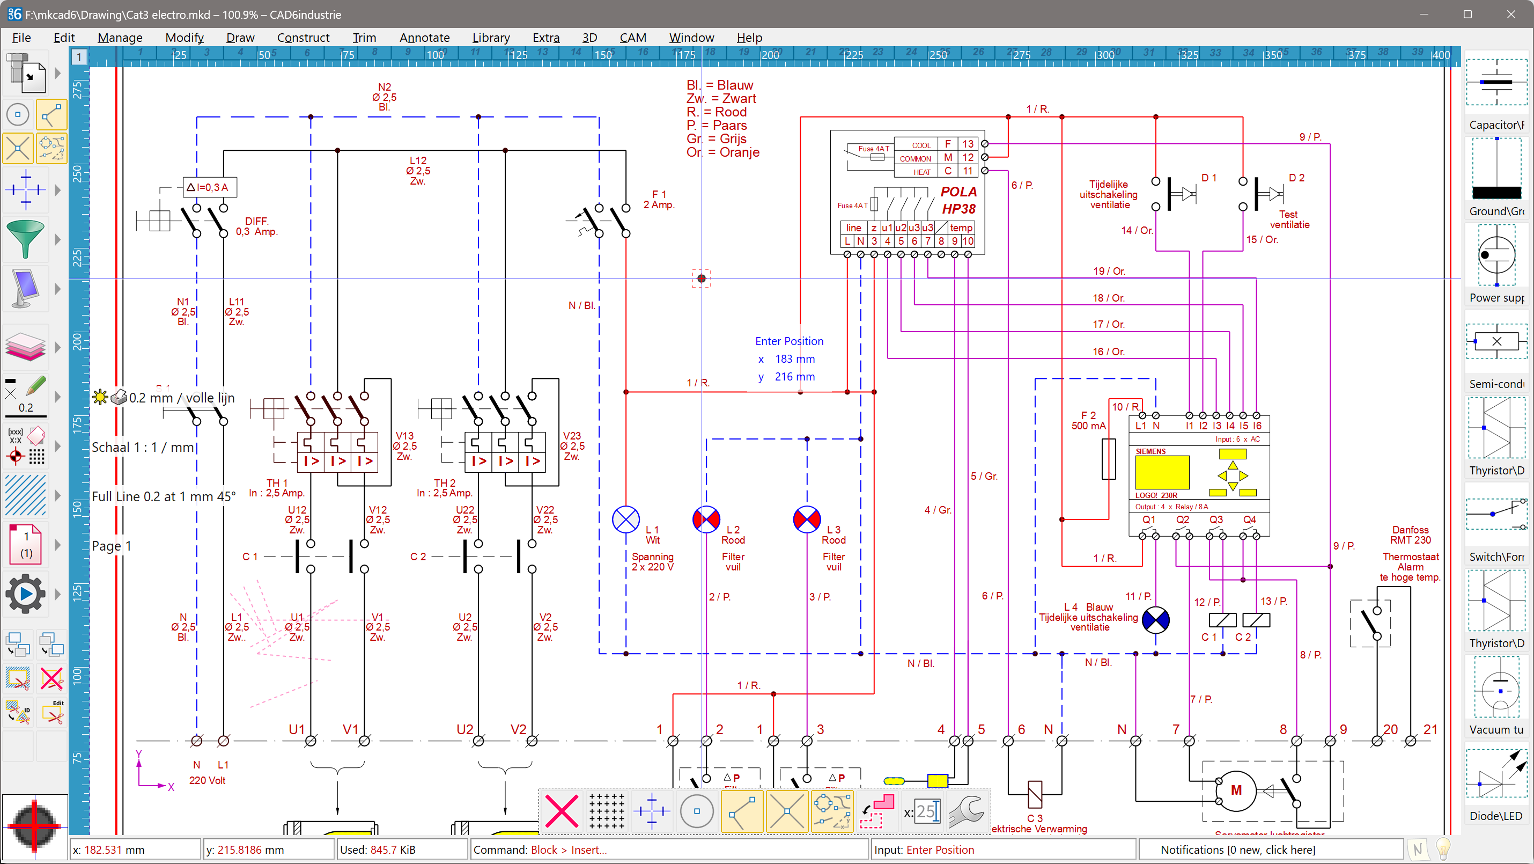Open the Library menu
pos(491,38)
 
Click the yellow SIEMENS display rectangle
pos(1162,473)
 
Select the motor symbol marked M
pos(1236,790)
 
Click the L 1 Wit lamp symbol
pos(626,520)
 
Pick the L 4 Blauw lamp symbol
pos(1156,620)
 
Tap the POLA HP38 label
pos(958,200)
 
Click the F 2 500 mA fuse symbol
pos(1108,459)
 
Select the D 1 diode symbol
pos(1182,193)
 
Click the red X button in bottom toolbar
pos(562,811)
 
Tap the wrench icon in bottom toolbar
pos(966,811)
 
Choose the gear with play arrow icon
pos(25,594)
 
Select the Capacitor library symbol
pos(1496,83)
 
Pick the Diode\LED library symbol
pos(1496,774)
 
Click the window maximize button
pos(1468,14)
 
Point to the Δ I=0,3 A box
pos(210,187)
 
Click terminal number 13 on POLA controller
pos(968,144)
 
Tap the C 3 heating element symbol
pos(1035,794)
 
